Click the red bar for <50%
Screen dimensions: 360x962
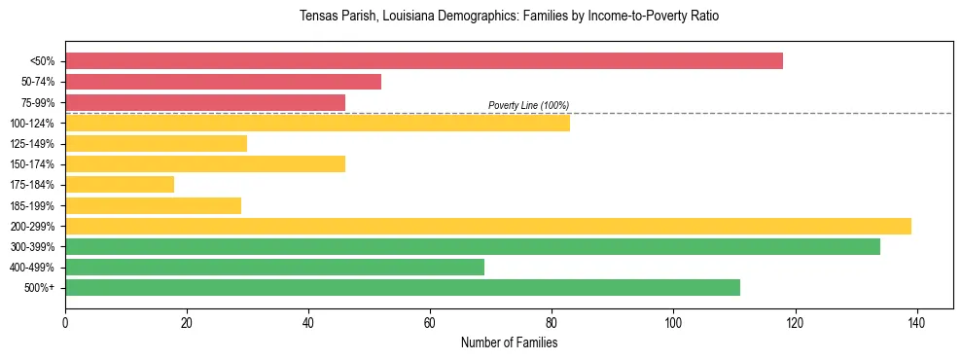coord(423,61)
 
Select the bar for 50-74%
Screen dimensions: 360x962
coord(223,82)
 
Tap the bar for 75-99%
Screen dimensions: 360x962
coord(204,102)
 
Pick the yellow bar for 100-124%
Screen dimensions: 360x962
coord(317,123)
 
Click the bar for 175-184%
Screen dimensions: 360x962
coord(120,185)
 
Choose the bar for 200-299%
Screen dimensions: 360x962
coord(487,226)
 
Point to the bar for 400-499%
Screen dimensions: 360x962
coord(274,267)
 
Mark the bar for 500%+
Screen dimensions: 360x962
coord(402,287)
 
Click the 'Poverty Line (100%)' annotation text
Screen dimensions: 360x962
coord(528,105)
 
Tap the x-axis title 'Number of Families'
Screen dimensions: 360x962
coord(509,342)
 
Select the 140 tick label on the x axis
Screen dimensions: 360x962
coord(916,321)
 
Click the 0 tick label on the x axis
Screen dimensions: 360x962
coord(65,321)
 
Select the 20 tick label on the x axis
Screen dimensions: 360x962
coord(187,321)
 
